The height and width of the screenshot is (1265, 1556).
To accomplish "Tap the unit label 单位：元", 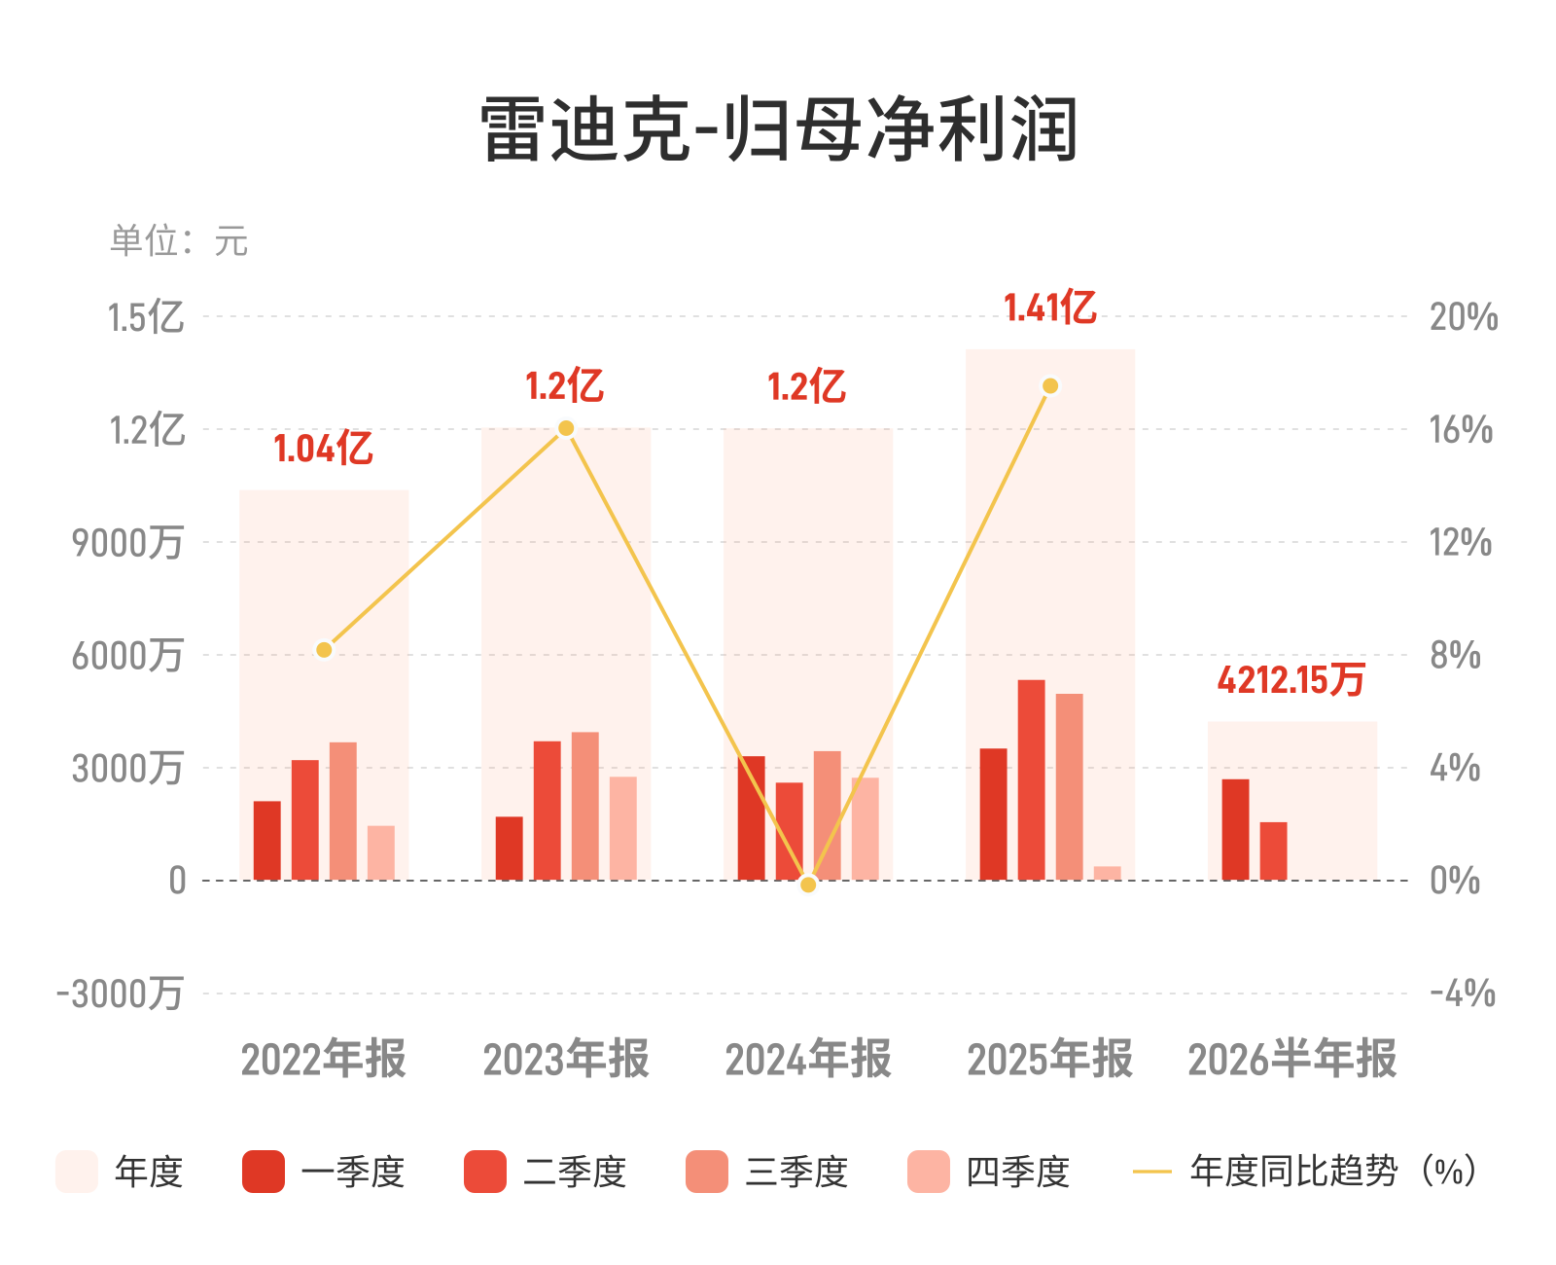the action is [x=179, y=240].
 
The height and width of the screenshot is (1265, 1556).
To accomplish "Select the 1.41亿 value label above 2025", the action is [x=1049, y=307].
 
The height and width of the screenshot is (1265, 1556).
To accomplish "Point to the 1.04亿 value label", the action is [x=324, y=448].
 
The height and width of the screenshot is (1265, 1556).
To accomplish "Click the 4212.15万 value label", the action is [x=1291, y=679].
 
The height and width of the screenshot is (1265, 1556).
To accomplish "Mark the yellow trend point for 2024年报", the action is [x=808, y=885].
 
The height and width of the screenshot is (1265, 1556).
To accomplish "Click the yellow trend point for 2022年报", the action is [x=325, y=650].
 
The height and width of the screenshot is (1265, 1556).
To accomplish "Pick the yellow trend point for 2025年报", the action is [x=1050, y=386].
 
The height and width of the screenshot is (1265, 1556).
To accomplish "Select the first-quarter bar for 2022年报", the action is [x=267, y=841].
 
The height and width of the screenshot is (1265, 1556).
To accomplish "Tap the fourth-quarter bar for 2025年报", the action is [x=1108, y=873].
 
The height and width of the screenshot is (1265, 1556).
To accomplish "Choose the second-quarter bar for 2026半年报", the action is [x=1273, y=851].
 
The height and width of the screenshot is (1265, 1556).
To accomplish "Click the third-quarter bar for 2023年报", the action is [x=585, y=806].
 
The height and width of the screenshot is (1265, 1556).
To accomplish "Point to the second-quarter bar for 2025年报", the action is [x=1032, y=779].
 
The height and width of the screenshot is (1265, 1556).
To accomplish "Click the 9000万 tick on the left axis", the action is [x=127, y=543].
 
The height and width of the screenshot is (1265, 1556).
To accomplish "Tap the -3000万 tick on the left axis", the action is [x=120, y=994].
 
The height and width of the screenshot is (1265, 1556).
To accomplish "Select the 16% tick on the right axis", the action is [x=1461, y=430].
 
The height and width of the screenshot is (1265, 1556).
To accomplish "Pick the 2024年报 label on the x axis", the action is [x=808, y=1059].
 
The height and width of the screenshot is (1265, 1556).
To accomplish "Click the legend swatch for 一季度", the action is [x=264, y=1172].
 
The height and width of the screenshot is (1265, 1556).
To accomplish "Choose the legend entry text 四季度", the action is [x=1017, y=1172].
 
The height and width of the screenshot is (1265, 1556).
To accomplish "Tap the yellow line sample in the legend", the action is [x=1152, y=1172].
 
